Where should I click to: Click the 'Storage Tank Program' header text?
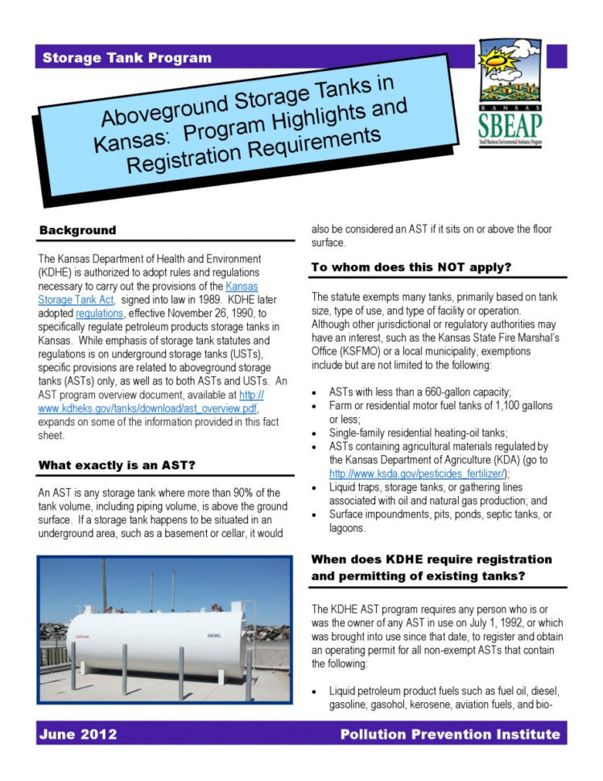[126, 58]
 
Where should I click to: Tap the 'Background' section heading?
[77, 230]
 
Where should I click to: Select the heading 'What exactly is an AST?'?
[118, 465]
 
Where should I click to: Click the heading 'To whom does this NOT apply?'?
[411, 267]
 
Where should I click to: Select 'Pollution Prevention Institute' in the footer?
[449, 733]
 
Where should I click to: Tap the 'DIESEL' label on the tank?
[215, 635]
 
